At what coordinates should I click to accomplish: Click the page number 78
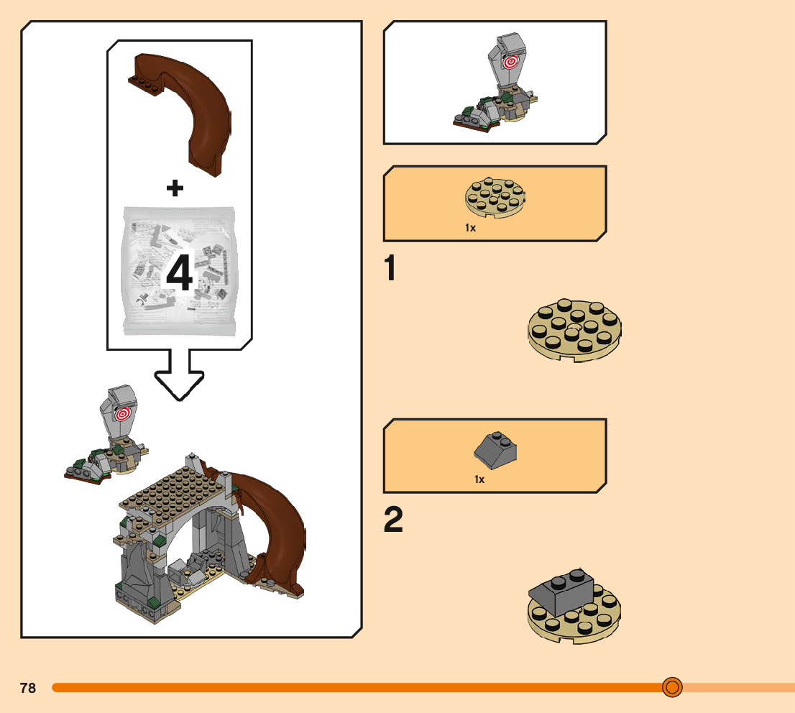click(28, 688)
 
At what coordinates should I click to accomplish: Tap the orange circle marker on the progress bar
click(672, 687)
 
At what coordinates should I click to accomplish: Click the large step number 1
click(390, 270)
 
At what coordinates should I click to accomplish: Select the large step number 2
click(393, 521)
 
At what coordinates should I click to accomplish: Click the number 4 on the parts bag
click(180, 274)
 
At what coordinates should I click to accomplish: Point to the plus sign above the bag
click(175, 188)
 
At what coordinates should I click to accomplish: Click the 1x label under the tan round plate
click(470, 227)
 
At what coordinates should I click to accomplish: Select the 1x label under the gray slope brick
click(479, 479)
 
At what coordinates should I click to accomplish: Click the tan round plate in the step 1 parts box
click(496, 195)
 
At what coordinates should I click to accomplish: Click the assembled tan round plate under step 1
click(575, 331)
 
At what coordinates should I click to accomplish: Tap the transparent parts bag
click(180, 270)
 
